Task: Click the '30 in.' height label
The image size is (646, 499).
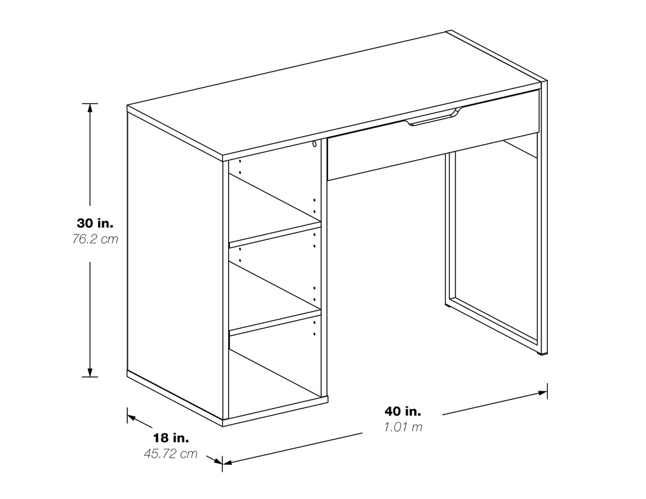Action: [x=95, y=223]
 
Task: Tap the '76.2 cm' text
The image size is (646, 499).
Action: [x=95, y=239]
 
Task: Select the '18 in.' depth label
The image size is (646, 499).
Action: [x=171, y=437]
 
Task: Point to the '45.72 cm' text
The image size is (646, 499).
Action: [x=171, y=453]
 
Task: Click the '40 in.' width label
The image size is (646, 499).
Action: [x=403, y=411]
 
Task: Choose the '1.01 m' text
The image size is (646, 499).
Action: [x=403, y=427]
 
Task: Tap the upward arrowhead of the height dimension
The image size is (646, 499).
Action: [x=90, y=108]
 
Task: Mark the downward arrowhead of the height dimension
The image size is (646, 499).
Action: [x=90, y=372]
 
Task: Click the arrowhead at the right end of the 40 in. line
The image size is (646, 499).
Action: [x=543, y=392]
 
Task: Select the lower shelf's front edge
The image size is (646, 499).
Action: [x=275, y=323]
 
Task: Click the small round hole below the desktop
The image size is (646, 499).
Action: [x=315, y=144]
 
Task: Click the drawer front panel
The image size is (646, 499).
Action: [x=433, y=136]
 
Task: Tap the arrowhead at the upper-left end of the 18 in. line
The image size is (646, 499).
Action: [x=132, y=418]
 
